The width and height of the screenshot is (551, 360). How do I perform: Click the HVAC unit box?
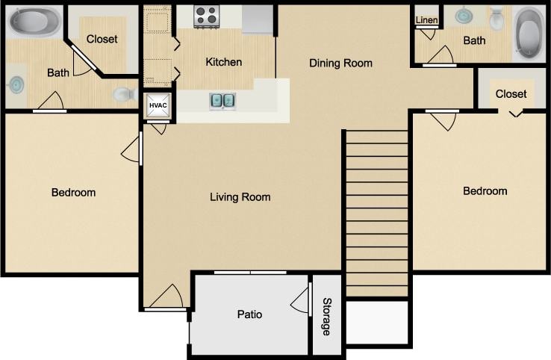click(x=158, y=106)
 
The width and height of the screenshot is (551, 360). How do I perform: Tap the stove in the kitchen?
click(x=206, y=16)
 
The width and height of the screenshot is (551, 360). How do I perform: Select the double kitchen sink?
click(x=222, y=100)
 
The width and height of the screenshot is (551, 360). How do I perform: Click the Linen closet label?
click(x=426, y=19)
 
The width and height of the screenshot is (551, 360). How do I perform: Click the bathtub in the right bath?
click(x=529, y=34)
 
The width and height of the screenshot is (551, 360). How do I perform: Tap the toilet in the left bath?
click(x=124, y=94)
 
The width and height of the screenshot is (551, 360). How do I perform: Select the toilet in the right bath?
click(x=497, y=18)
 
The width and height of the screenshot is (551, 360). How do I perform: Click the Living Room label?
click(x=240, y=197)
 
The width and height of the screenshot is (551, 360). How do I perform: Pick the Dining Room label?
click(x=340, y=63)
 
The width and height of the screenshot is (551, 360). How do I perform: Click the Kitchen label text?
click(x=223, y=62)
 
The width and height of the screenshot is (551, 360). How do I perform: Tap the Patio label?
click(x=249, y=314)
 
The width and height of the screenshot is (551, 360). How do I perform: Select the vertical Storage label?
click(x=326, y=316)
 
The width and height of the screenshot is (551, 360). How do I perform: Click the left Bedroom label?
click(x=73, y=193)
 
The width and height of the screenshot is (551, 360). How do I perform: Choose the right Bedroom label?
click(x=485, y=191)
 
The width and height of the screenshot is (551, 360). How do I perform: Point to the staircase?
click(x=377, y=213)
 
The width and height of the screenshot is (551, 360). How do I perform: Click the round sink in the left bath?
click(x=15, y=84)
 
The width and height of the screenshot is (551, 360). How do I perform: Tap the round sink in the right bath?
click(x=464, y=16)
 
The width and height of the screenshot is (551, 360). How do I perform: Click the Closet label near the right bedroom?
click(x=511, y=94)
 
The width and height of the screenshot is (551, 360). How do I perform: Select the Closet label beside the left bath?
click(x=102, y=39)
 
